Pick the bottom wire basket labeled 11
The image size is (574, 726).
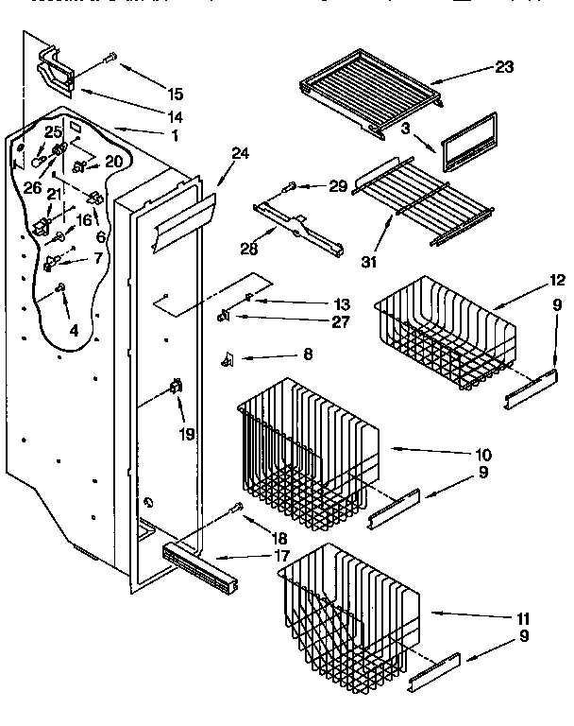pyautogui.click(x=349, y=605)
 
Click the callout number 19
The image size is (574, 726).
pyautogui.click(x=187, y=434)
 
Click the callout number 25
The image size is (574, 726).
pyautogui.click(x=54, y=131)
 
